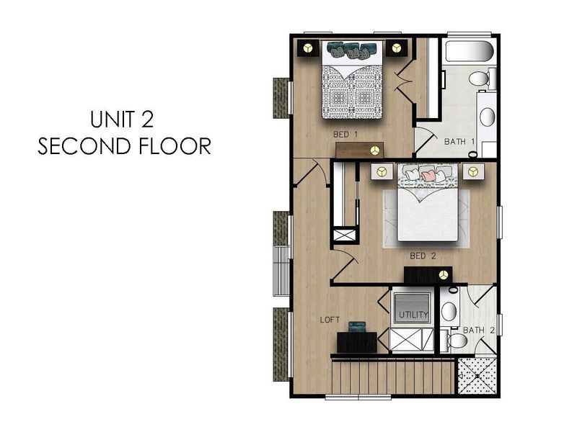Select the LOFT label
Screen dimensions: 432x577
click(x=330, y=318)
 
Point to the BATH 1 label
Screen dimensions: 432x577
click(x=459, y=142)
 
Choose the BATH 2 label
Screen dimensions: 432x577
click(x=478, y=330)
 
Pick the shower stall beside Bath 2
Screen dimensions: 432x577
click(x=477, y=377)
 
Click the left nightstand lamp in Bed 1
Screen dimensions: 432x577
click(x=308, y=48)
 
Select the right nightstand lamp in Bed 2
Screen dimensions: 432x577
click(x=472, y=171)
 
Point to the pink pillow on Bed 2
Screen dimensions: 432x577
click(x=430, y=174)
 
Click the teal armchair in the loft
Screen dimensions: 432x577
click(x=356, y=328)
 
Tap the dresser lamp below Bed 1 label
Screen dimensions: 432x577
click(x=374, y=150)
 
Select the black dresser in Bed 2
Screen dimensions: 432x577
click(x=428, y=274)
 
